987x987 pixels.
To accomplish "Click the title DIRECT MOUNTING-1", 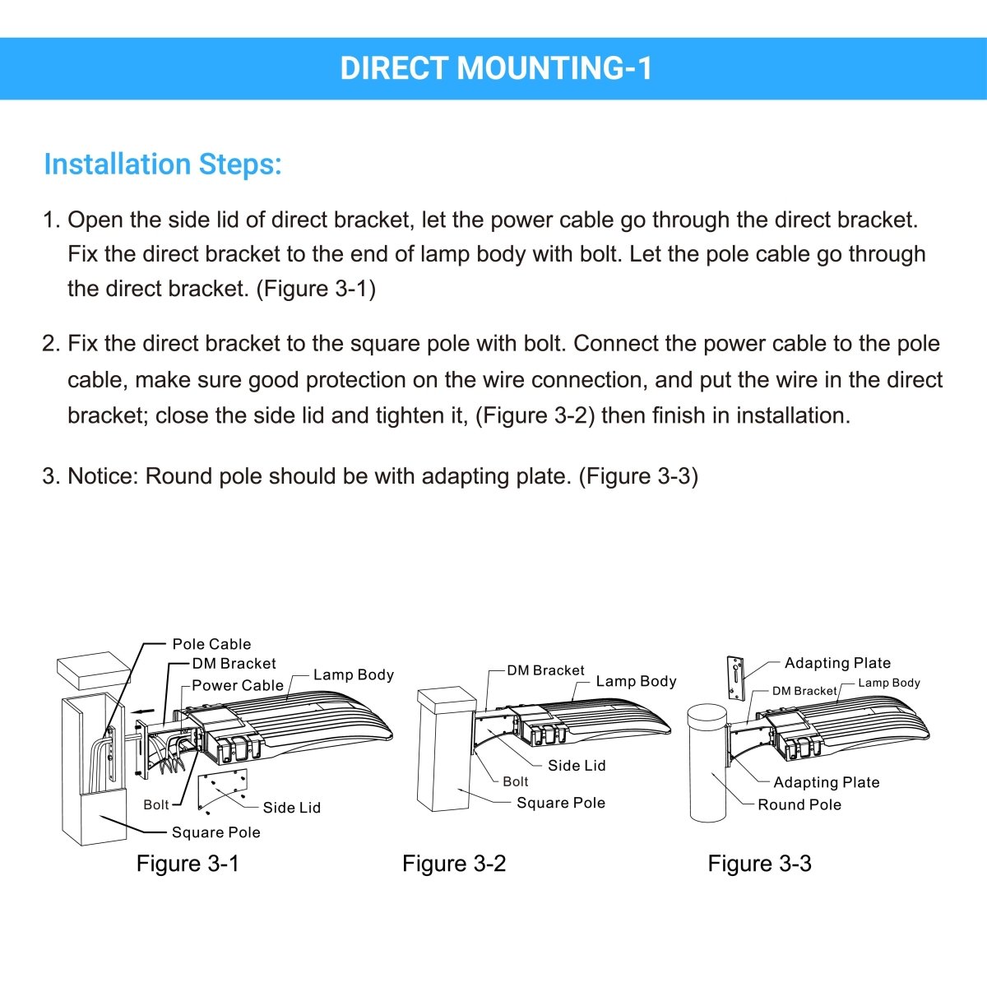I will tap(496, 68).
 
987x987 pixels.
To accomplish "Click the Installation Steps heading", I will tap(163, 164).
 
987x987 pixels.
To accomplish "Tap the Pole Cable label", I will tap(211, 644).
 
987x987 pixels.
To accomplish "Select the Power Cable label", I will tap(238, 685).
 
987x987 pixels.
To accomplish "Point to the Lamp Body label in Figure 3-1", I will tap(354, 674).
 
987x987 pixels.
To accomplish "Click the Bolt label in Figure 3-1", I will tap(156, 804).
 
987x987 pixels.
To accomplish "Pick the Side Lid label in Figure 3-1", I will tap(292, 808).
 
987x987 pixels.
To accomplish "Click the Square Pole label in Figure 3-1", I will tap(216, 832).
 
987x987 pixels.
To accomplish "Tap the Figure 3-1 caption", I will tap(188, 864).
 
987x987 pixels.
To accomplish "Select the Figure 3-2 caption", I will tap(454, 864).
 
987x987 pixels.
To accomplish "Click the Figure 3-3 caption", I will tap(759, 864).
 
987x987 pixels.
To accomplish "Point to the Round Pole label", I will tap(799, 804).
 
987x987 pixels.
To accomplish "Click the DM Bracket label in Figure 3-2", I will tap(545, 670).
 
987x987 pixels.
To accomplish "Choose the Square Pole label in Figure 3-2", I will tap(561, 803).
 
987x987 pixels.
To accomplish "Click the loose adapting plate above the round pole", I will tap(734, 678).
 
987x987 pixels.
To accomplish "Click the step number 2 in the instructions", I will tap(50, 344).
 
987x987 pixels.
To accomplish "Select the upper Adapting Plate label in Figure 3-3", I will tap(837, 663).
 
